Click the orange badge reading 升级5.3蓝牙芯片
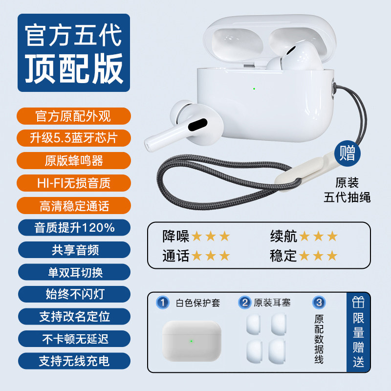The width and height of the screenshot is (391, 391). pyautogui.click(x=74, y=138)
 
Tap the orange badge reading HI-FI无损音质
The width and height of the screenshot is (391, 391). pyautogui.click(x=74, y=183)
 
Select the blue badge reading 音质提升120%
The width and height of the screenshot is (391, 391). pyautogui.click(x=74, y=228)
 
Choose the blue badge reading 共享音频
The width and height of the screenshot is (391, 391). pyautogui.click(x=74, y=250)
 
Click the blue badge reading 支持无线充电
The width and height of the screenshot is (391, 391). pyautogui.click(x=74, y=361)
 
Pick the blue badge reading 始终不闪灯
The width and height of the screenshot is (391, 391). pyautogui.click(x=74, y=294)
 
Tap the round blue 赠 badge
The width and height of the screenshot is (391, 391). pyautogui.click(x=348, y=153)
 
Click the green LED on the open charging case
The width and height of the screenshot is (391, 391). pyautogui.click(x=254, y=89)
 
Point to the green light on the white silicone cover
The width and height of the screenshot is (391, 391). pyautogui.click(x=191, y=341)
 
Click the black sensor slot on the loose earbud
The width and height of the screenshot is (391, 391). pyautogui.click(x=198, y=125)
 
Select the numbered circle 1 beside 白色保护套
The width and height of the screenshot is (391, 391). pyautogui.click(x=163, y=303)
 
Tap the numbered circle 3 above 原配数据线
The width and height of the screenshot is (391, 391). pyautogui.click(x=319, y=303)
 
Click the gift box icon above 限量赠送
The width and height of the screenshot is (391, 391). pyautogui.click(x=358, y=303)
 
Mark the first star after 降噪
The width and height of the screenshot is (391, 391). pyautogui.click(x=197, y=236)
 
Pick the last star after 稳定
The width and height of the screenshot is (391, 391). pyautogui.click(x=332, y=256)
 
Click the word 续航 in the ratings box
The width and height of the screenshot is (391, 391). pyautogui.click(x=283, y=236)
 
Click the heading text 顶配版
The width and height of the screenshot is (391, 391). pyautogui.click(x=74, y=69)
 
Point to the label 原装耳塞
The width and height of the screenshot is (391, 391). pyautogui.click(x=272, y=303)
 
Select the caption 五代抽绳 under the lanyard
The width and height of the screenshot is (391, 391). pyautogui.click(x=347, y=197)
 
